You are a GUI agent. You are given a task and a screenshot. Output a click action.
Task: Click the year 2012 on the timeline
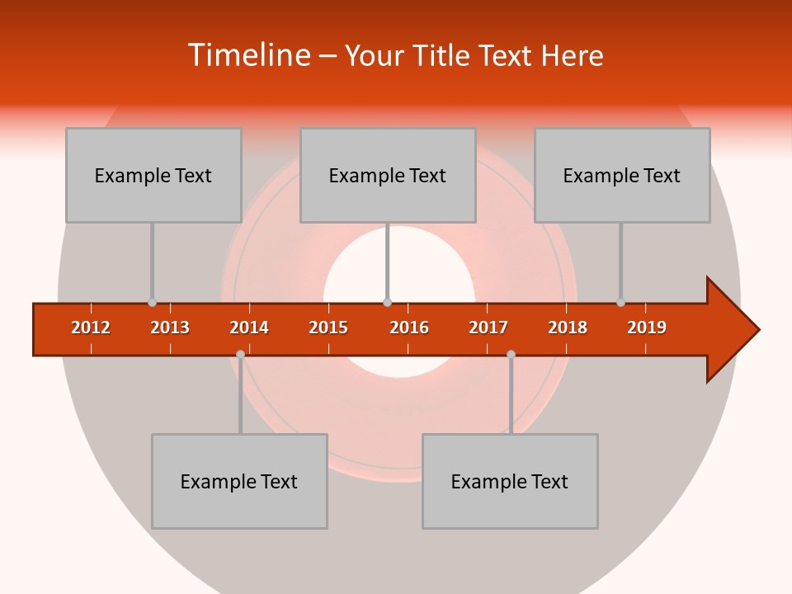pos(91,328)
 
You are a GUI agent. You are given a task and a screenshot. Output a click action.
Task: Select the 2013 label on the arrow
pos(170,328)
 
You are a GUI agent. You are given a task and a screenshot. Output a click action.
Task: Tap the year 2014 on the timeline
pos(249,328)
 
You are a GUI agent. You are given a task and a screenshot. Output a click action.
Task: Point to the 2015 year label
pos(328,328)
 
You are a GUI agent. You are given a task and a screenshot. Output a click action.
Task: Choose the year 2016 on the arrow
pos(409,328)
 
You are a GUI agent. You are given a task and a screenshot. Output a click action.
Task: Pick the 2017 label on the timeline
pos(488,328)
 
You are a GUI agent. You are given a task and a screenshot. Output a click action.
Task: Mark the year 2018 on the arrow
pos(568,328)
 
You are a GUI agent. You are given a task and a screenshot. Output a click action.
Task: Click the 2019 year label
pos(647,328)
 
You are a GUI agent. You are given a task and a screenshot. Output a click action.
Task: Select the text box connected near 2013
pos(153,175)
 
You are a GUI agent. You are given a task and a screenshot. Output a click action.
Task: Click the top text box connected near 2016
pos(388,175)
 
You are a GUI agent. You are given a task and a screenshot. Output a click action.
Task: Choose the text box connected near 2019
pos(622,175)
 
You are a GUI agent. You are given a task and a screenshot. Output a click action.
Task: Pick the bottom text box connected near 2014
pos(239,481)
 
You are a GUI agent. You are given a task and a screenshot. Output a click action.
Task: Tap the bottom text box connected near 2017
pos(510,481)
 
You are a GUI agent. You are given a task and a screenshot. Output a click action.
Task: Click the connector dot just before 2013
pos(152,303)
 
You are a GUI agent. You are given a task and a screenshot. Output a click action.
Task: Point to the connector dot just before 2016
pos(387,303)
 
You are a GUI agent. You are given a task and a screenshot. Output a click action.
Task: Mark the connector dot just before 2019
pos(620,303)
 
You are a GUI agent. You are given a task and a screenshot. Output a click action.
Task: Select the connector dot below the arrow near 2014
pos(240,354)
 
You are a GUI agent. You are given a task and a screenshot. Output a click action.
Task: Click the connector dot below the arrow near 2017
pos(511,354)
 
